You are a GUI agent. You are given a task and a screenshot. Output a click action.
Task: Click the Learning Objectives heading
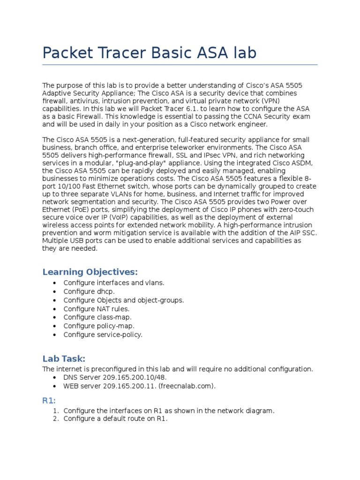(x=90, y=272)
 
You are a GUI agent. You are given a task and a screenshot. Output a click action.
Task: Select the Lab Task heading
(x=64, y=359)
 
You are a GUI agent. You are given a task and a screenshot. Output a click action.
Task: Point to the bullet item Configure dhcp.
(x=89, y=292)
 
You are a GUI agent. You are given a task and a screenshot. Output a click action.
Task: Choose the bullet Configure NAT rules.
(x=96, y=309)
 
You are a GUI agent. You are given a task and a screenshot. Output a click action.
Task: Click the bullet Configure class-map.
(x=97, y=317)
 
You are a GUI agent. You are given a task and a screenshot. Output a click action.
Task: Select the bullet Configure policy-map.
(x=98, y=326)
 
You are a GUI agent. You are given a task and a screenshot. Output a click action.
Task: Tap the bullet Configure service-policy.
(x=103, y=335)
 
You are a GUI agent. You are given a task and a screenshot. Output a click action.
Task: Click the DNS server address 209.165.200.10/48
(x=136, y=377)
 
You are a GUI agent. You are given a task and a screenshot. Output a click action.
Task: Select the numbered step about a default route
(x=115, y=419)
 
